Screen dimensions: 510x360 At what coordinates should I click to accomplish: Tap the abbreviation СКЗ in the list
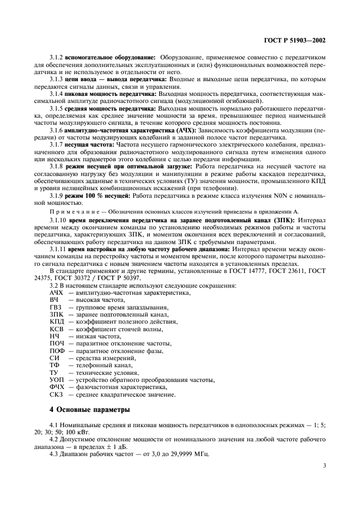(x=57, y=393)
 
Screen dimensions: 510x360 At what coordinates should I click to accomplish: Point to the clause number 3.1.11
(x=58, y=248)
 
